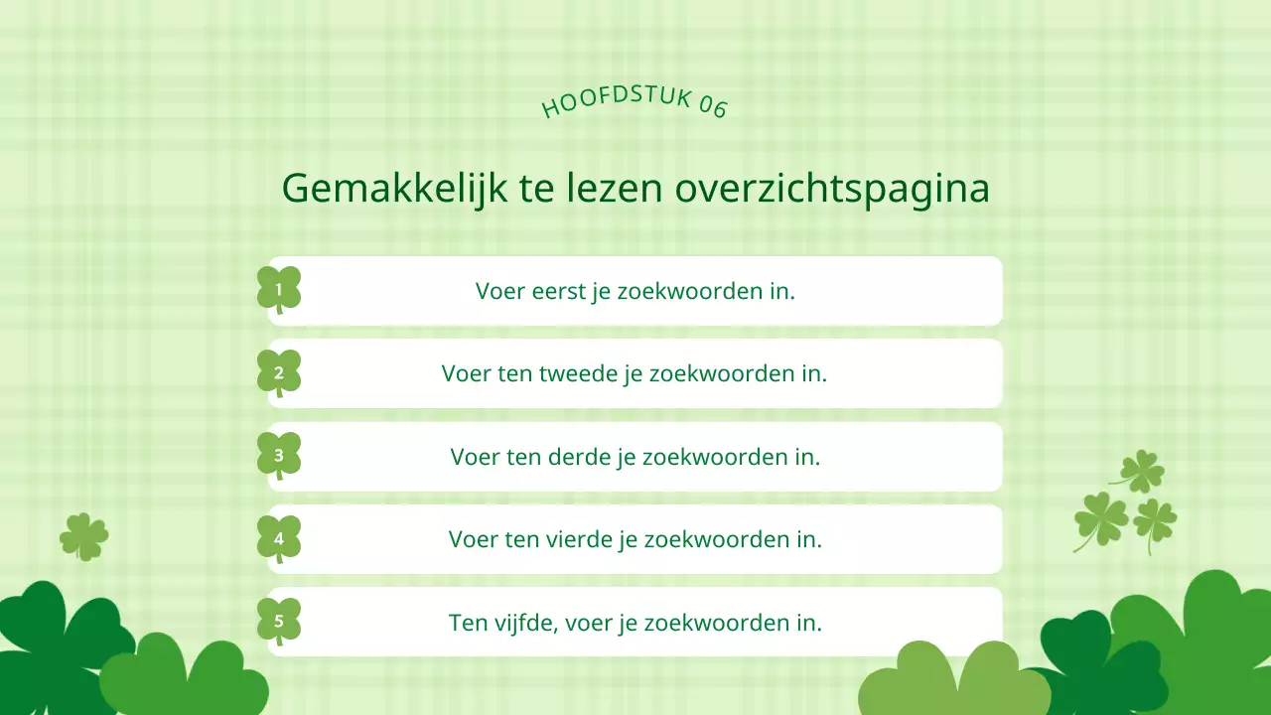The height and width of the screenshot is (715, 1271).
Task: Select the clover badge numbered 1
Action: [x=279, y=290]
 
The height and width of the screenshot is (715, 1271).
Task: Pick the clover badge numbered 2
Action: [x=279, y=373]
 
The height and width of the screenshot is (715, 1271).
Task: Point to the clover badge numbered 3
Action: [x=279, y=456]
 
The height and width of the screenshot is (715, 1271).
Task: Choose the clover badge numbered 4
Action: [x=279, y=539]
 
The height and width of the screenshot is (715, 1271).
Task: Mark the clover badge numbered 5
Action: [x=279, y=622]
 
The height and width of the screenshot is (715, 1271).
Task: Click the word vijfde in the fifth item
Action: [x=523, y=624]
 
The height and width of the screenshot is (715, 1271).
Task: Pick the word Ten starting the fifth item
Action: [x=469, y=624]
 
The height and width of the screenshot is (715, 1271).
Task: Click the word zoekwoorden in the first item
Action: [x=695, y=291]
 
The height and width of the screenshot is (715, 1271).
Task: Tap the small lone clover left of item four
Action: [x=83, y=536]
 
